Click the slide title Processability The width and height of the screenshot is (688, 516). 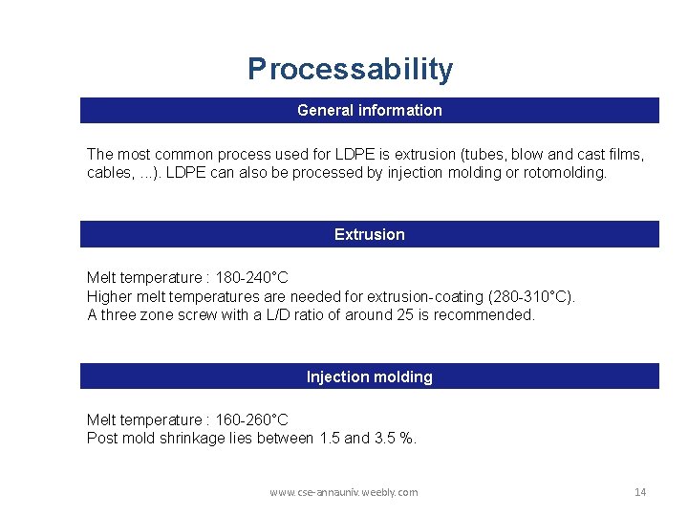pyautogui.click(x=350, y=70)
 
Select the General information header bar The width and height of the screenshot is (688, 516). pyautogui.click(x=369, y=111)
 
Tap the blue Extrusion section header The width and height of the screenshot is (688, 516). pyautogui.click(x=369, y=234)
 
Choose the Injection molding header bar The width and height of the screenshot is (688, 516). pyautogui.click(x=369, y=376)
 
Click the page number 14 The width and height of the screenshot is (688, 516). pyautogui.click(x=640, y=492)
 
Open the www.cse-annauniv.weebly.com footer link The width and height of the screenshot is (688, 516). pyautogui.click(x=343, y=492)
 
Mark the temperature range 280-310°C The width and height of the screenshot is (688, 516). pyautogui.click(x=530, y=296)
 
